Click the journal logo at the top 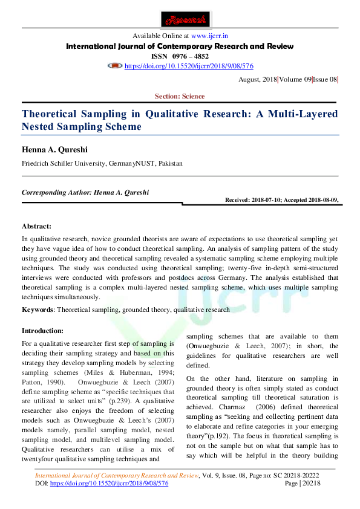tap(180, 18)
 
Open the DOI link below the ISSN tap(188, 66)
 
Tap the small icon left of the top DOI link tap(115, 65)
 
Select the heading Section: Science tap(180, 96)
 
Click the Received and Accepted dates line tap(281, 199)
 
